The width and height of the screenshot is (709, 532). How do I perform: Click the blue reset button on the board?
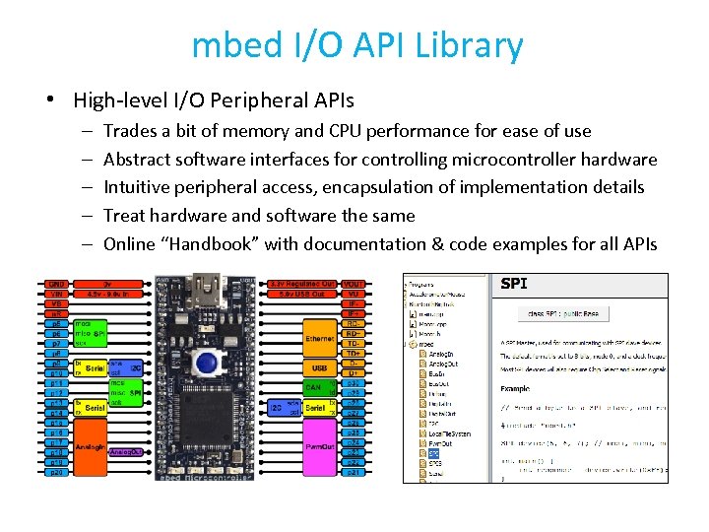coord(207,363)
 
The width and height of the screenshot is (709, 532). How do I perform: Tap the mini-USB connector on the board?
coord(208,288)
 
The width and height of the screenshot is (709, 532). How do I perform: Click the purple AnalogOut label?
coord(126,452)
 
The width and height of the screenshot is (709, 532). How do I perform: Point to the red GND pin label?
coord(56,284)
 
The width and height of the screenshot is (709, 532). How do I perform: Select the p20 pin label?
coord(56,472)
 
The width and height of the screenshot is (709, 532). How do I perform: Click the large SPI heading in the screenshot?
coord(514,285)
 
